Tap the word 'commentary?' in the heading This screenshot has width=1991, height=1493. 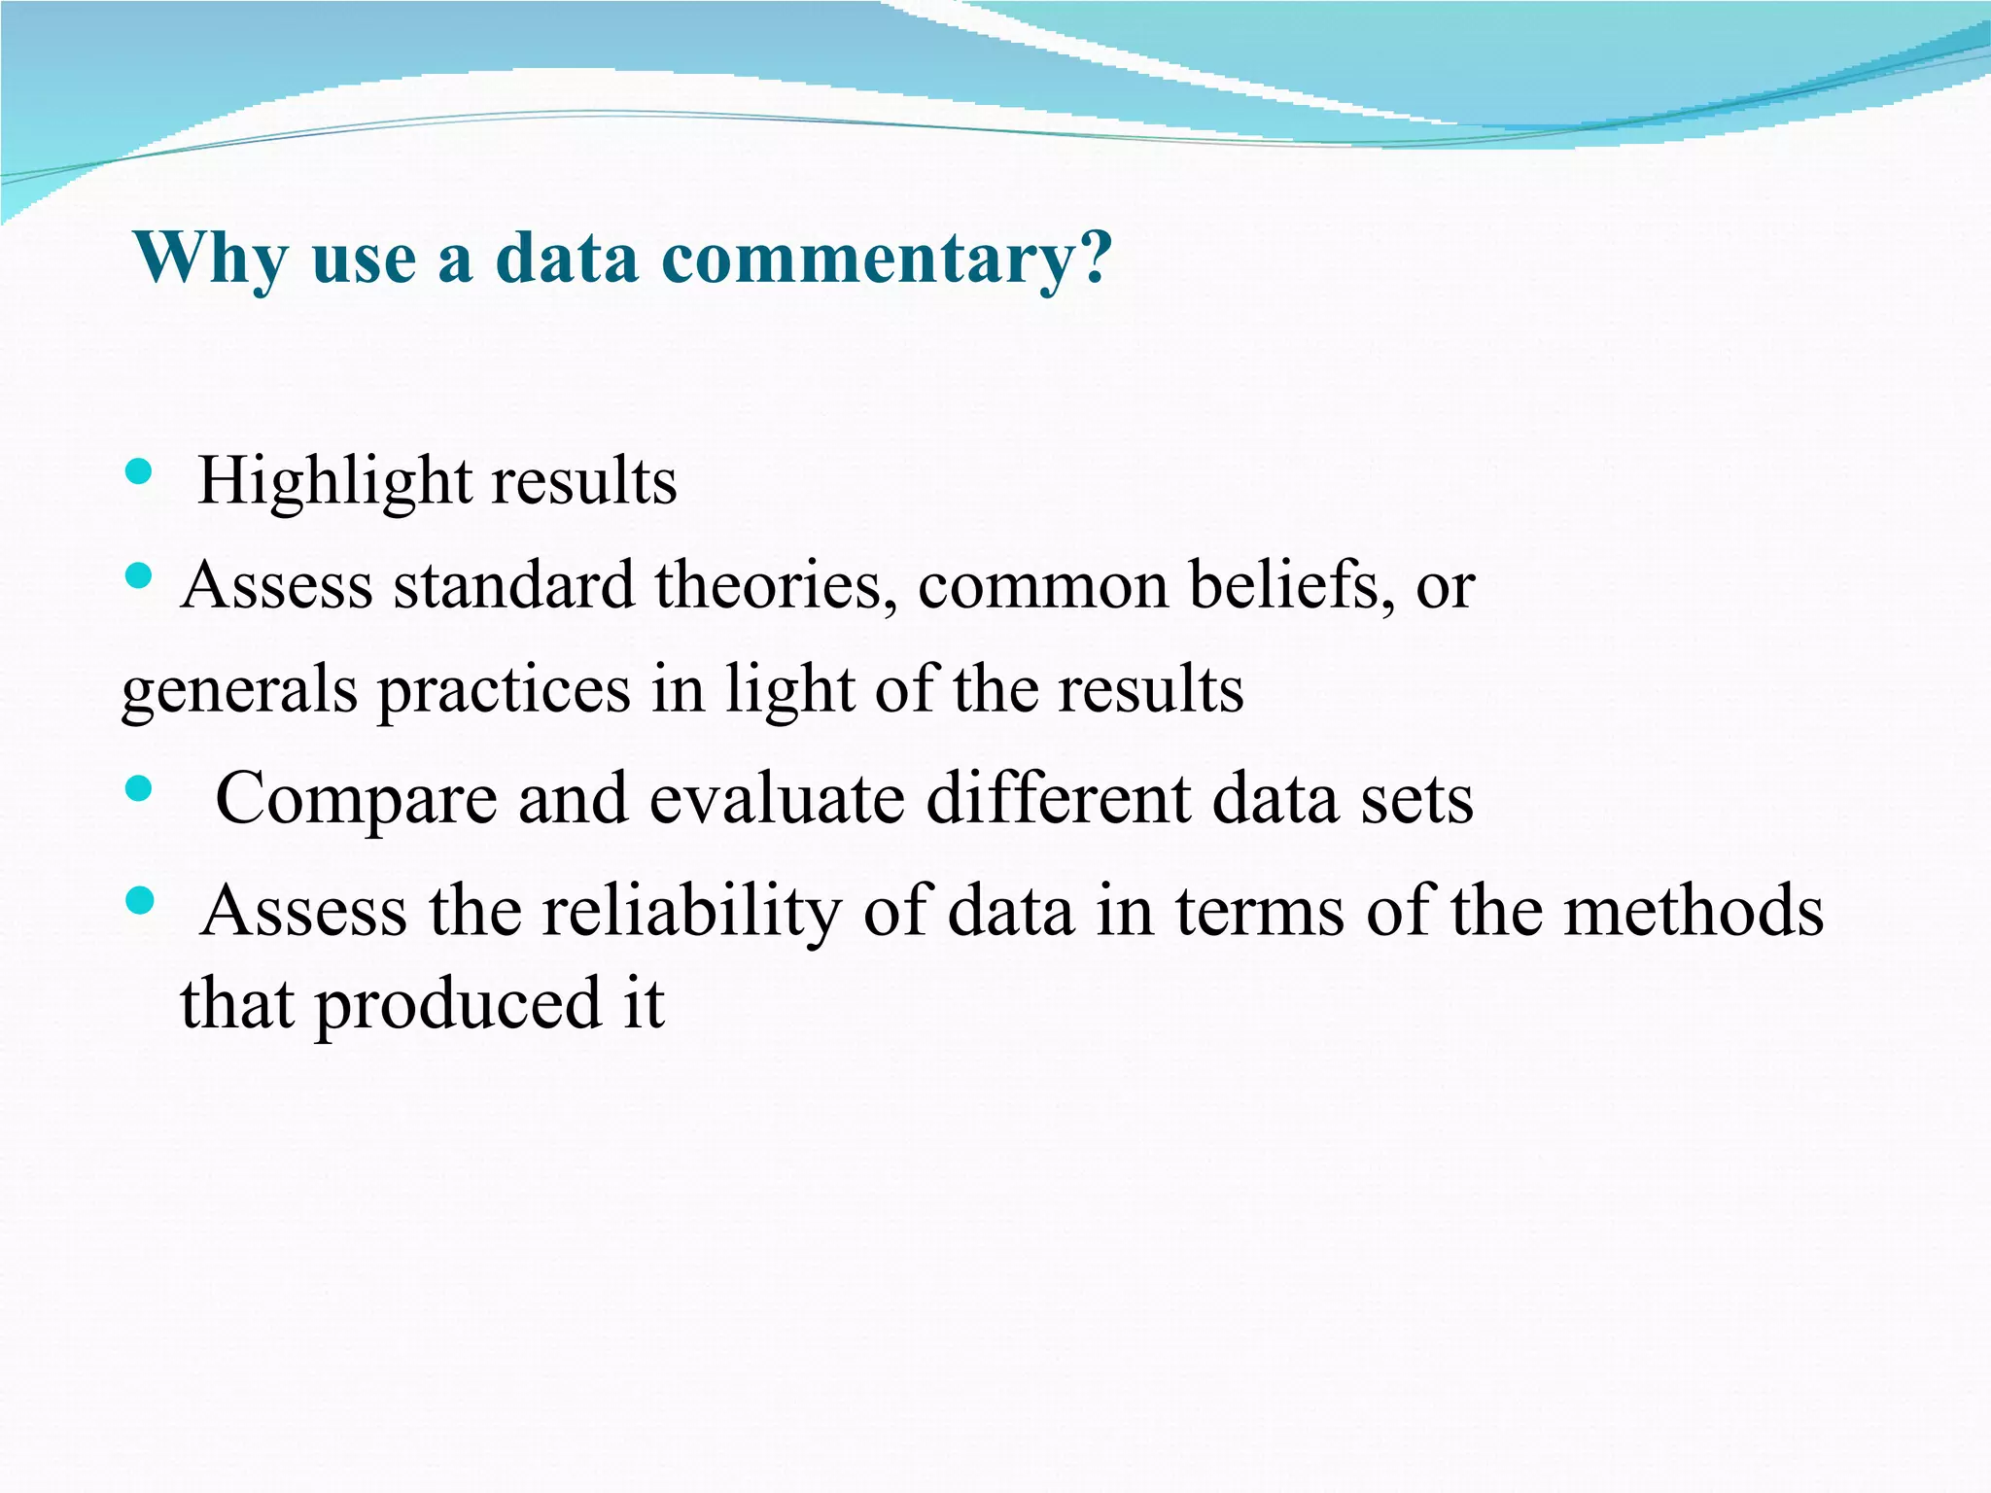point(887,259)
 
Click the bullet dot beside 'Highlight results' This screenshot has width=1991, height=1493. point(139,472)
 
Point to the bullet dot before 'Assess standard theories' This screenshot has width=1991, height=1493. point(139,576)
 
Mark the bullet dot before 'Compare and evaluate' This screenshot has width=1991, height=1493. point(139,788)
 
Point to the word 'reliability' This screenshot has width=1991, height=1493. point(691,912)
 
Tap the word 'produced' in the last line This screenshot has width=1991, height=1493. point(458,1004)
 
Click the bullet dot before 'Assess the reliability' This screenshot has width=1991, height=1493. point(139,901)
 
